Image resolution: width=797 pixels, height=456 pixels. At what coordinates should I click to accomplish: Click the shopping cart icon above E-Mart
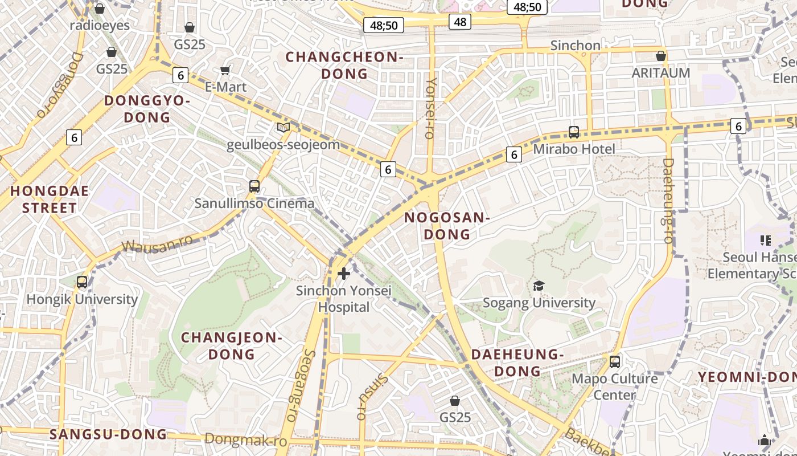pyautogui.click(x=225, y=71)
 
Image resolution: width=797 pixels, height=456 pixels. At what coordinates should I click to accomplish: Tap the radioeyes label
pyautogui.click(x=100, y=26)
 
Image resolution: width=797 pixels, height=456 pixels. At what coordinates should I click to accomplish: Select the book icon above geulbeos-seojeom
pyautogui.click(x=283, y=128)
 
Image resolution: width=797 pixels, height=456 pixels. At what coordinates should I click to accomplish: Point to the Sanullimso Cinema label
pyautogui.click(x=254, y=203)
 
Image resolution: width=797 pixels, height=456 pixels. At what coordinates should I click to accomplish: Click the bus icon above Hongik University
pyautogui.click(x=82, y=282)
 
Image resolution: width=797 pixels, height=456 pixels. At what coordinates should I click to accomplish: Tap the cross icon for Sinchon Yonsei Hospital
pyautogui.click(x=344, y=274)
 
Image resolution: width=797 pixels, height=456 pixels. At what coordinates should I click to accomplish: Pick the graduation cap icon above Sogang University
pyautogui.click(x=539, y=286)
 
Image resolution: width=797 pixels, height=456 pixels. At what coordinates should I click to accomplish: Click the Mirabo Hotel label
pyautogui.click(x=574, y=149)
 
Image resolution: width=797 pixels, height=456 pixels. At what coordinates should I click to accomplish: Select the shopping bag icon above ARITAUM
pyautogui.click(x=661, y=56)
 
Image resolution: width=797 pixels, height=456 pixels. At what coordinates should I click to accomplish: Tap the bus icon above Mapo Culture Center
pyautogui.click(x=614, y=361)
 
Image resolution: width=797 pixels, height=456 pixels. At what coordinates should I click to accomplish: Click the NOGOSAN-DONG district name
pyautogui.click(x=447, y=226)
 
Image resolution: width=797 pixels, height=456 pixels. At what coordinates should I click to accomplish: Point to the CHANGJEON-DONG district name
pyautogui.click(x=232, y=345)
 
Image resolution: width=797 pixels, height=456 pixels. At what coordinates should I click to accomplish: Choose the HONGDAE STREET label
pyautogui.click(x=50, y=199)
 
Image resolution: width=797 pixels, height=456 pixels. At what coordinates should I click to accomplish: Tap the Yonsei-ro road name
pyautogui.click(x=430, y=108)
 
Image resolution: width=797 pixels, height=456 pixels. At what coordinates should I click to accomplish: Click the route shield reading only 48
pyautogui.click(x=460, y=22)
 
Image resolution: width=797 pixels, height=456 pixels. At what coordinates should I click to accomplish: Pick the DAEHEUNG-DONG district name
pyautogui.click(x=517, y=363)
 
